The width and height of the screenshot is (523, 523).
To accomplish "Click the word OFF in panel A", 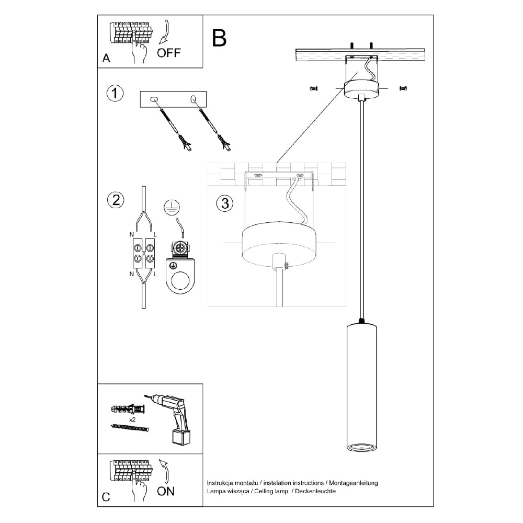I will (169, 52).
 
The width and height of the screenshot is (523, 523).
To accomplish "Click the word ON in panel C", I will (166, 491).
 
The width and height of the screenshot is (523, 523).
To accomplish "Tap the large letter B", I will (220, 37).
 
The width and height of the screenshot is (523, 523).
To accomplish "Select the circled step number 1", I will (115, 94).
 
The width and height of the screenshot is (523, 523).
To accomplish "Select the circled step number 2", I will (115, 200).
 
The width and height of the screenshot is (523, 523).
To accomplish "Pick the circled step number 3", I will (224, 203).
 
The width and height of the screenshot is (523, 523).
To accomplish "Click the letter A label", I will (107, 59).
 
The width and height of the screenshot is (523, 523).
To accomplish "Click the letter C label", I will (106, 497).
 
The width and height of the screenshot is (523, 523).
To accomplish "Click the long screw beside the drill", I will (130, 428).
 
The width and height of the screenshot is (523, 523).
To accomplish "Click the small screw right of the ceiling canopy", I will (403, 89).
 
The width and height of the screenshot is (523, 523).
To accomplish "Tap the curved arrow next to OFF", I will (166, 32).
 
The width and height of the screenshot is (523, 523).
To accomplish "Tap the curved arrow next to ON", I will (165, 470).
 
